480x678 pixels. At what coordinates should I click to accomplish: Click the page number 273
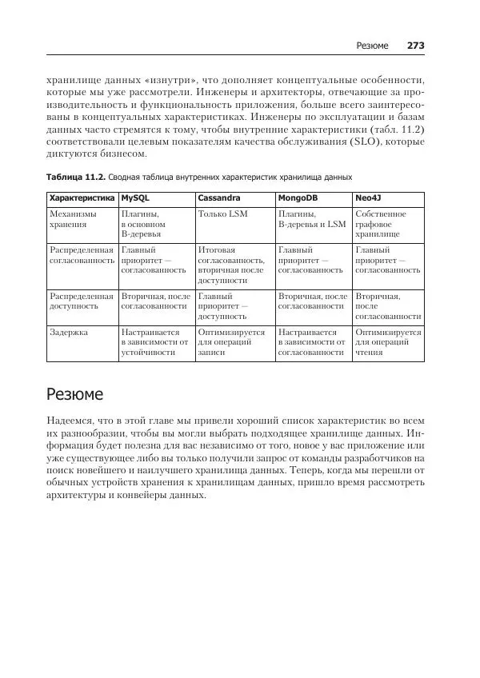pyautogui.click(x=415, y=46)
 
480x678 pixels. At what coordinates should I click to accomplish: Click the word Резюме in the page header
pyautogui.click(x=372, y=46)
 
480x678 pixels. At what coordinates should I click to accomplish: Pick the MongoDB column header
pyautogui.click(x=298, y=198)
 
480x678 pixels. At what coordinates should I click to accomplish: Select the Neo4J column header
pyautogui.click(x=369, y=198)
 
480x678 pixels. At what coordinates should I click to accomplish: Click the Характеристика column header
pyautogui.click(x=82, y=198)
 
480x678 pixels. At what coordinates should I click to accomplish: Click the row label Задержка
pyautogui.click(x=69, y=330)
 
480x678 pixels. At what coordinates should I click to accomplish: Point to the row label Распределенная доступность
pyautogui.click(x=81, y=301)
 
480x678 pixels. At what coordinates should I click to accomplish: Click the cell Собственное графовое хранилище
pyautogui.click(x=380, y=225)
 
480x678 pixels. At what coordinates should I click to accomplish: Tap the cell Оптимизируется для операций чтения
pyautogui.click(x=387, y=341)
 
